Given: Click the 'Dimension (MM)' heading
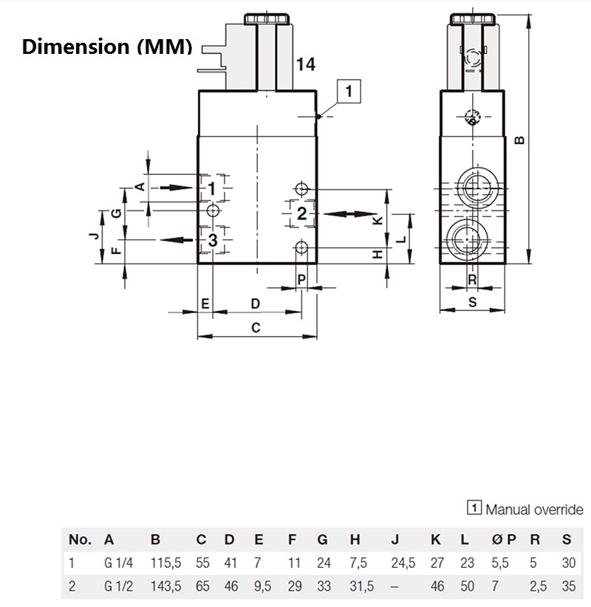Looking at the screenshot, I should click(107, 47).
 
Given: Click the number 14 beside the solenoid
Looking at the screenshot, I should click(305, 65).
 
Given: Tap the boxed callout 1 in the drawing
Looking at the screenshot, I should click(349, 91).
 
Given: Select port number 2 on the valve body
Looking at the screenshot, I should click(301, 214).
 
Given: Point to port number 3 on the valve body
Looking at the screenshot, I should click(212, 240).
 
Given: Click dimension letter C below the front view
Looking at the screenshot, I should click(256, 328).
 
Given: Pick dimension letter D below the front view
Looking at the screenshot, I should click(256, 303).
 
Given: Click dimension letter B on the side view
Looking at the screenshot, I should click(519, 140).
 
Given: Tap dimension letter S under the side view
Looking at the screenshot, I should click(472, 302).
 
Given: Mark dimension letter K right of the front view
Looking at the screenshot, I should click(377, 221).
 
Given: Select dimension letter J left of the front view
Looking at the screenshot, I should click(92, 236).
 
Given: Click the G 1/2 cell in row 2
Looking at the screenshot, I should click(117, 587).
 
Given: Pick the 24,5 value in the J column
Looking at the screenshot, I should click(403, 563).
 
